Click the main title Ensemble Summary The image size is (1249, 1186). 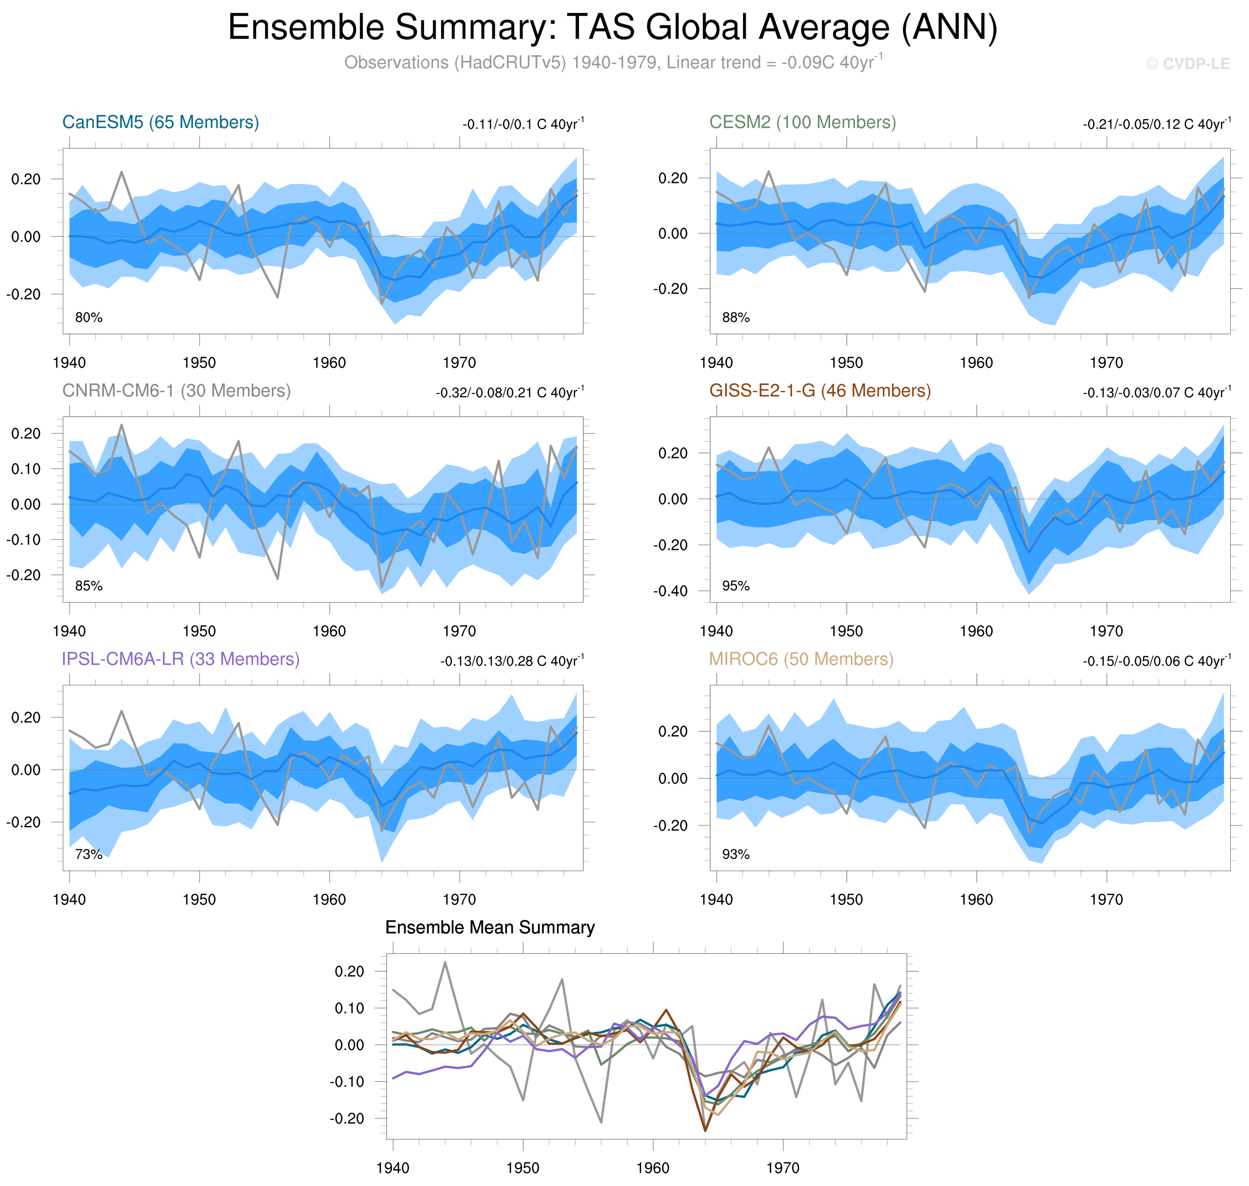pos(612,28)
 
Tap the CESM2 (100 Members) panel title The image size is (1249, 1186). pos(802,122)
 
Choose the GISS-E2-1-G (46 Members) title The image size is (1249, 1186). pos(820,391)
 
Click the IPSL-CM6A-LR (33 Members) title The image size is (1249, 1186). pos(180,659)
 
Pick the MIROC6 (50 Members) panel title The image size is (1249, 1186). pos(801,659)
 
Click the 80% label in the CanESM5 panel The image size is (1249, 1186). pos(89,317)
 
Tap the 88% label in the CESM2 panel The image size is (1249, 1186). pos(736,317)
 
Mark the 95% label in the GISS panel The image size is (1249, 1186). pos(736,586)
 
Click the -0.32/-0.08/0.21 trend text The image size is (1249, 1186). pos(510,392)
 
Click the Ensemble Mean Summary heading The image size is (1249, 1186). pos(489,927)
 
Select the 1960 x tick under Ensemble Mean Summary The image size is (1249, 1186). pos(653,1167)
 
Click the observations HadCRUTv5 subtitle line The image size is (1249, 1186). pos(612,62)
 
